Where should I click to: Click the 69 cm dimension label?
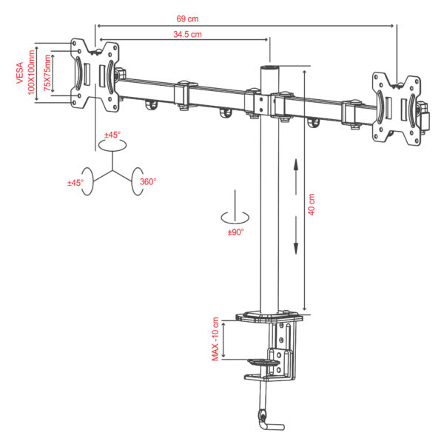[x=187, y=18]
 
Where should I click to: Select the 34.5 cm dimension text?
[x=187, y=34]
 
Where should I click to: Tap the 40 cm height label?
[x=312, y=204]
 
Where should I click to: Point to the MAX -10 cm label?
[x=215, y=339]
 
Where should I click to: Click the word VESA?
[x=19, y=73]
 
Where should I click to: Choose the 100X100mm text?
[x=31, y=73]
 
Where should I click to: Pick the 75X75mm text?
[x=47, y=73]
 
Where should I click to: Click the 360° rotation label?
[x=148, y=181]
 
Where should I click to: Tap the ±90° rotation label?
[x=235, y=232]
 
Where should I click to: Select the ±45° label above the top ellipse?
[x=112, y=135]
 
